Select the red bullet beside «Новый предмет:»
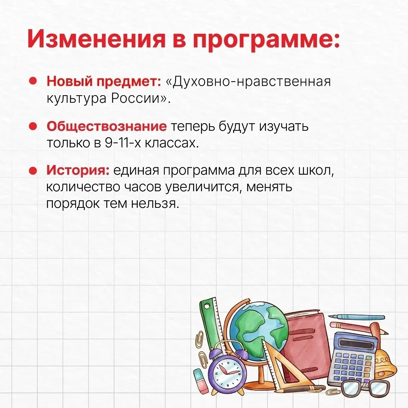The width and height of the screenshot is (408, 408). (33, 81)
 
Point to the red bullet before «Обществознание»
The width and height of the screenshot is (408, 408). (33, 126)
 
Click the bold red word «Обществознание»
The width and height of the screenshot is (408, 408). (107, 127)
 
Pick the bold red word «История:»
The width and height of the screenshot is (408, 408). (78, 170)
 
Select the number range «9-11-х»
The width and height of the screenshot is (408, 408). (122, 143)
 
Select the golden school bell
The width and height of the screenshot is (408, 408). (385, 362)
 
